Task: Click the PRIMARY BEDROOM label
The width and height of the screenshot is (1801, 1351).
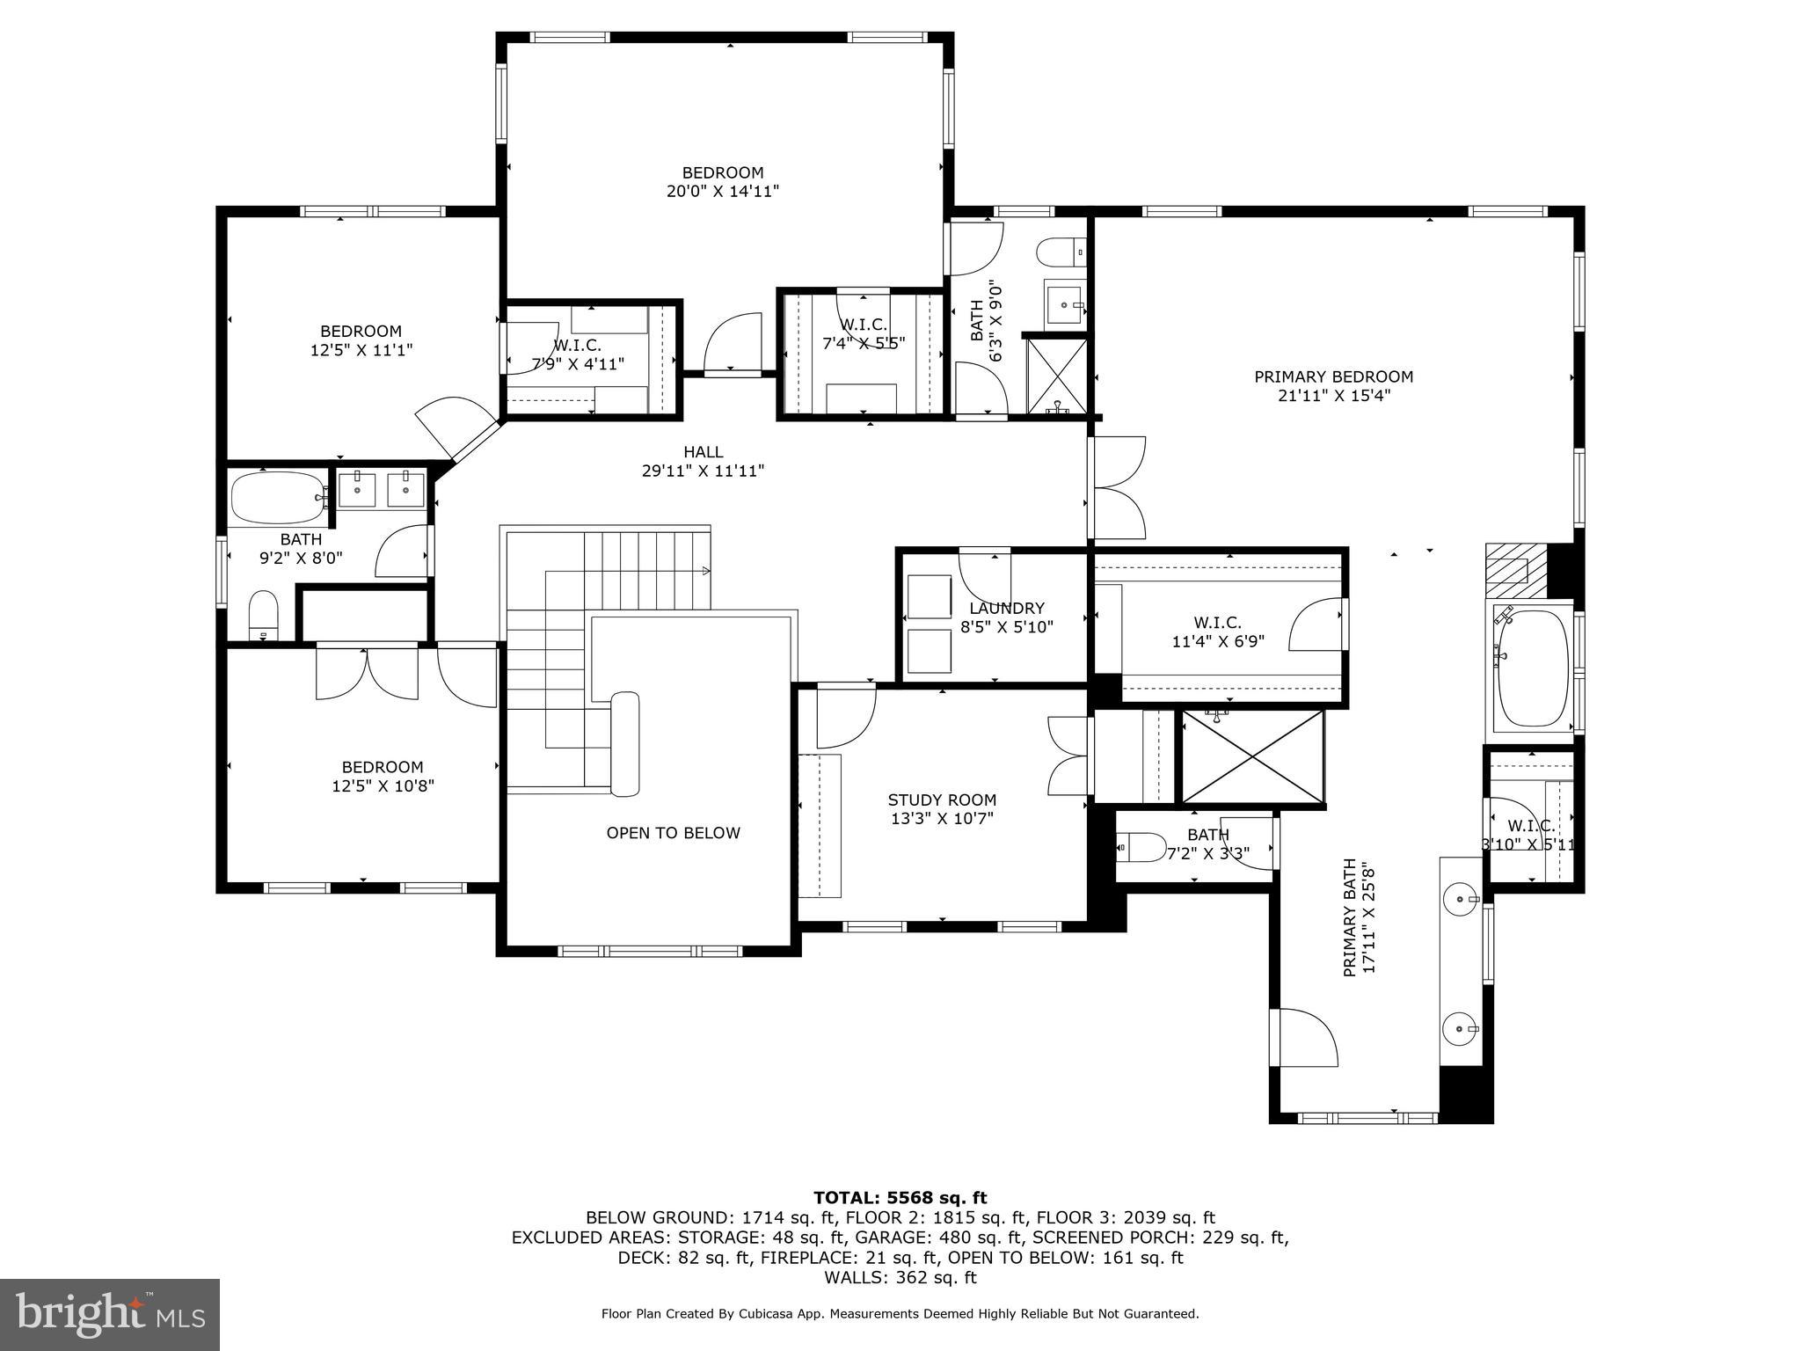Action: click(x=1333, y=377)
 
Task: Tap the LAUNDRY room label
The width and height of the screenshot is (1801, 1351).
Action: click(x=1006, y=609)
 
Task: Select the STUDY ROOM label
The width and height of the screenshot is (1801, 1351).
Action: click(x=942, y=800)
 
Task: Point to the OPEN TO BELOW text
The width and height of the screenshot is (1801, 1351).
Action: click(x=673, y=833)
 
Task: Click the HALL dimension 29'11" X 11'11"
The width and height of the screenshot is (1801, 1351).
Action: click(x=703, y=471)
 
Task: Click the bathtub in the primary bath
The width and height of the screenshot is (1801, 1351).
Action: click(x=1533, y=668)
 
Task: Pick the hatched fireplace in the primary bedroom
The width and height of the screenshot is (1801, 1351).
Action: click(x=1514, y=563)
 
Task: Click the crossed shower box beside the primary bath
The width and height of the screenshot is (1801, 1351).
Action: click(x=1252, y=758)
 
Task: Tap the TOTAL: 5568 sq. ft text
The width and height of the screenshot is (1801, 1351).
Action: click(x=900, y=1197)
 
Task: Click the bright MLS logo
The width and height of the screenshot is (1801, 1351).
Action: click(x=109, y=1314)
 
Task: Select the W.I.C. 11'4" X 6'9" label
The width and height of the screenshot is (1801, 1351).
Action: click(x=1218, y=632)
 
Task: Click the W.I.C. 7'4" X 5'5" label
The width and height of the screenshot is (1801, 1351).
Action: click(x=863, y=334)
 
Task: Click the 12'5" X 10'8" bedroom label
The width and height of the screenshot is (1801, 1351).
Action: click(x=383, y=777)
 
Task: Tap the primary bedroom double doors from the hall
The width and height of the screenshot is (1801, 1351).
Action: click(x=1117, y=488)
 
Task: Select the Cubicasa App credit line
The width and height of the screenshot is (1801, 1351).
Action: click(x=900, y=1314)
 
